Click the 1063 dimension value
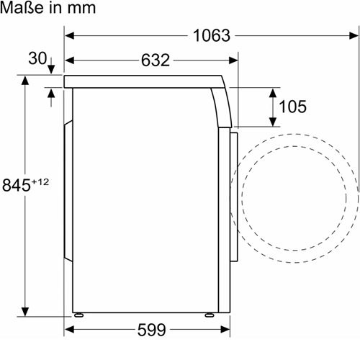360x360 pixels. [212, 35]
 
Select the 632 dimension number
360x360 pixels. [156, 60]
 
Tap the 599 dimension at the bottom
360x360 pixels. [152, 330]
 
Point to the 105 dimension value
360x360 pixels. [293, 107]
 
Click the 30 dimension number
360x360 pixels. [37, 58]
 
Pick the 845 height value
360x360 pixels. [17, 185]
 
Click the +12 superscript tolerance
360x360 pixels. [40, 181]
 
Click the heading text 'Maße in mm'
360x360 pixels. [48, 8]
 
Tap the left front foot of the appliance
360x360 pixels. [79, 315]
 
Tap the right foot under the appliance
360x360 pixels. [210, 315]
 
